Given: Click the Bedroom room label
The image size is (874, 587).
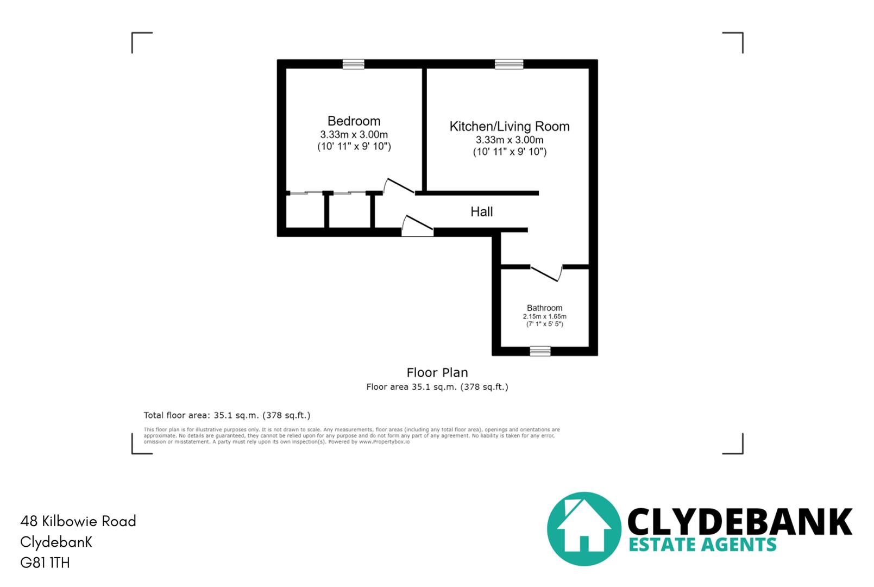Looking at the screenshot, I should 354,121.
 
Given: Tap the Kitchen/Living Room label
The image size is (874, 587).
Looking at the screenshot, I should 509,126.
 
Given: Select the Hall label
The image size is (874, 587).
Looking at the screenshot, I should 481,211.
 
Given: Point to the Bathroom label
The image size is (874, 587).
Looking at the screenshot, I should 544,308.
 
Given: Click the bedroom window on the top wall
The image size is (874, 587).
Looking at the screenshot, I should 353,64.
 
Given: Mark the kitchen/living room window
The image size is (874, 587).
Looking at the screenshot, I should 509,64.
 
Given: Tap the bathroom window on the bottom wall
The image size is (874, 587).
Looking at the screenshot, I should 540,351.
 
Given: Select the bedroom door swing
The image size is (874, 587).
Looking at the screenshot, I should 399,186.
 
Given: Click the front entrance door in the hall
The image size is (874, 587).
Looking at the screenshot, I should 417,226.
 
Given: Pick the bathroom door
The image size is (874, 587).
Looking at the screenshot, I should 546,272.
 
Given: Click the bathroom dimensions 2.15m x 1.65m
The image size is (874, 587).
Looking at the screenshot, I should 544,316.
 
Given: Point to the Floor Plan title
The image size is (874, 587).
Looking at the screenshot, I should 437,372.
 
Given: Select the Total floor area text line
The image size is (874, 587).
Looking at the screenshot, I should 227,415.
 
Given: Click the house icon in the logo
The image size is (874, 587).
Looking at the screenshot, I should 583,528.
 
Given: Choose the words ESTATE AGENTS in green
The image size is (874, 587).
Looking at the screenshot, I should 702,545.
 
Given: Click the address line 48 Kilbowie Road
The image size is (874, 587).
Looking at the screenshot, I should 78,521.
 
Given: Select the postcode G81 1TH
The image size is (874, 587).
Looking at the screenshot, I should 45,563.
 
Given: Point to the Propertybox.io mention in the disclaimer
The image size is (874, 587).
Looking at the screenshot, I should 384,442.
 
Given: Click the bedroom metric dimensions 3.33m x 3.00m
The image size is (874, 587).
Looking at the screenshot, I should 354,135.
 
